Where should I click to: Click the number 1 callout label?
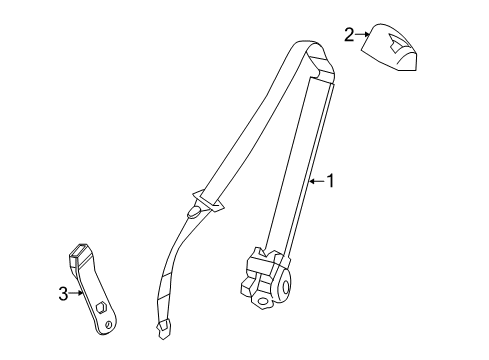pos(330,182)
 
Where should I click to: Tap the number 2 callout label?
pos(349,36)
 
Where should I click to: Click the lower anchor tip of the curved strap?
pos(163,327)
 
